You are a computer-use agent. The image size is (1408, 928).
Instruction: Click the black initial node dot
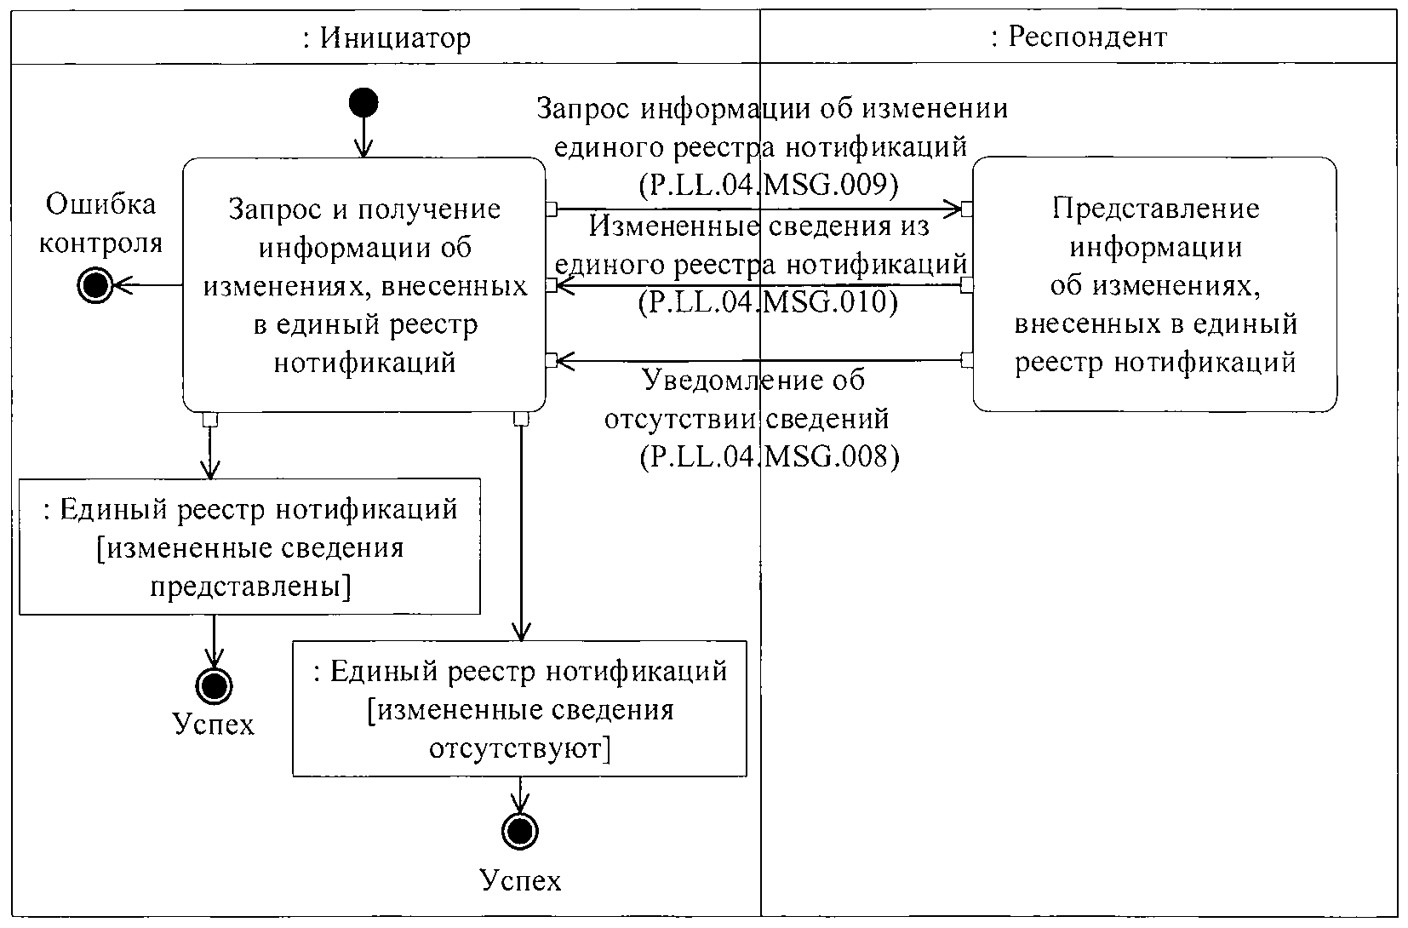pos(363,103)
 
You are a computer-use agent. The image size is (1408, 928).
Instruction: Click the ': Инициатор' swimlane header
pos(386,37)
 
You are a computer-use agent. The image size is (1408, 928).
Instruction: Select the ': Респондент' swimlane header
pos(1079,37)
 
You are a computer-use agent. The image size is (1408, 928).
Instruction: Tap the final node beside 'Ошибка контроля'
pos(94,286)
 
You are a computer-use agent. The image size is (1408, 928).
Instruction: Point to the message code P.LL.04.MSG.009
pos(768,185)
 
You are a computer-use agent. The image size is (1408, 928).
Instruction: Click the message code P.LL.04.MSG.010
pos(768,302)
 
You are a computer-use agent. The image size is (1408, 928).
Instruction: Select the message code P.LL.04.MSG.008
pos(769,457)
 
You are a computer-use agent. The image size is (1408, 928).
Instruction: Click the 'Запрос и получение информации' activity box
pos(364,285)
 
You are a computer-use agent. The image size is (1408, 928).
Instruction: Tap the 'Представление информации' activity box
pos(1155,285)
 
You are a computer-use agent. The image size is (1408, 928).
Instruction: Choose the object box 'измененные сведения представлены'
pos(249,547)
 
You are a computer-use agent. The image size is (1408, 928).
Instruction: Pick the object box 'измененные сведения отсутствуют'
pos(519,709)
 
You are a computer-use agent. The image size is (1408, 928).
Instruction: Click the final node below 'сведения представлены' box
pos(213,685)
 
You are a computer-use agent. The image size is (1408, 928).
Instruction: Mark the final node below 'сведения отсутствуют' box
pos(519,831)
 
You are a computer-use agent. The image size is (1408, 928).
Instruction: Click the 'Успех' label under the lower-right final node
pos(520,879)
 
